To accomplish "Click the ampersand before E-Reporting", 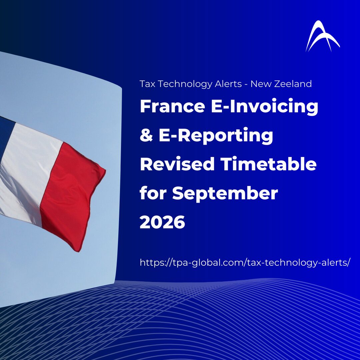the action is tap(146, 135).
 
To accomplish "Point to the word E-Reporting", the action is tap(216, 136).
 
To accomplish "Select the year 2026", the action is tap(162, 222).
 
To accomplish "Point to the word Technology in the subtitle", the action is tap(185, 84).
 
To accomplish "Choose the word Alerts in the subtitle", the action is tap(228, 84).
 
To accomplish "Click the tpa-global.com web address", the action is tap(245, 262).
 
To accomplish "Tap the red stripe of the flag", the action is tap(71, 195).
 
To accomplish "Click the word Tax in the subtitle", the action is tap(147, 84).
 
